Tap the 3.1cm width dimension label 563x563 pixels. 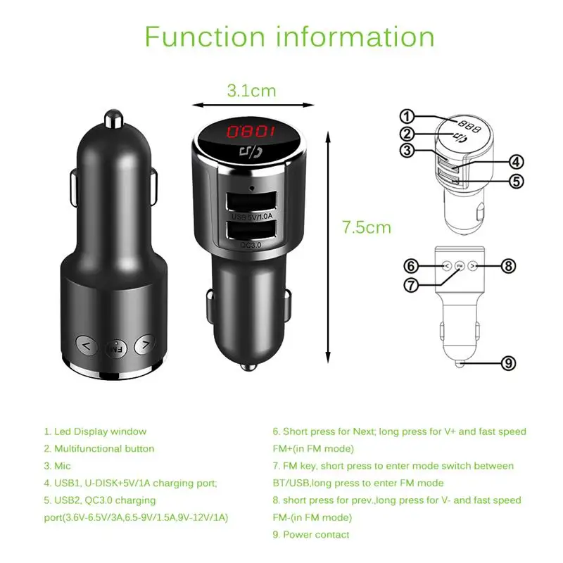[x=251, y=90]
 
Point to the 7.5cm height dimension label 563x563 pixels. [x=367, y=227]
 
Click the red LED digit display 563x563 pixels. [x=251, y=132]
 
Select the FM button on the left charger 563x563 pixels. [x=114, y=346]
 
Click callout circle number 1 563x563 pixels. [x=407, y=116]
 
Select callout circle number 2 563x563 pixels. [x=407, y=134]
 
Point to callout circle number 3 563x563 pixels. [x=407, y=150]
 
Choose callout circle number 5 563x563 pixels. [x=517, y=181]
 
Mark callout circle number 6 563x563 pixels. [x=412, y=266]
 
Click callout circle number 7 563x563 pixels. [x=412, y=284]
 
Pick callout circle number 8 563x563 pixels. [x=510, y=266]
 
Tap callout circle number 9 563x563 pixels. [x=510, y=363]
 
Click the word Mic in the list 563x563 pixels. [x=63, y=465]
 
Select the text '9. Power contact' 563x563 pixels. [x=311, y=534]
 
